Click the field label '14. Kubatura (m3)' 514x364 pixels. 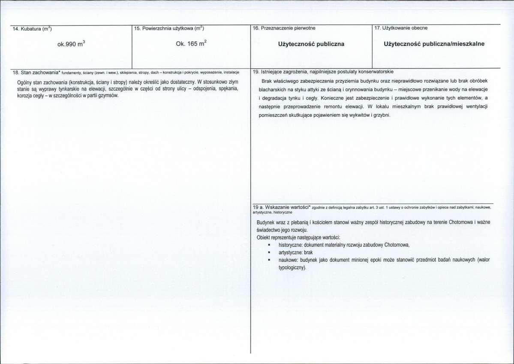(30, 29)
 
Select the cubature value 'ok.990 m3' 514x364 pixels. (71, 44)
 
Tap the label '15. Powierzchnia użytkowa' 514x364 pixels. (168, 29)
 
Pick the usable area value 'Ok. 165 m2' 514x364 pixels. (191, 44)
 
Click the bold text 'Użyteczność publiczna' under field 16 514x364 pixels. (311, 44)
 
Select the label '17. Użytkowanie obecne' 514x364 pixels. (401, 28)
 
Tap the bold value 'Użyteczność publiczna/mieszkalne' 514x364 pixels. (434, 44)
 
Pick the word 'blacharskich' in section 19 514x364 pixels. (273, 90)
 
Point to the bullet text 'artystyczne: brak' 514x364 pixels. (292, 252)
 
